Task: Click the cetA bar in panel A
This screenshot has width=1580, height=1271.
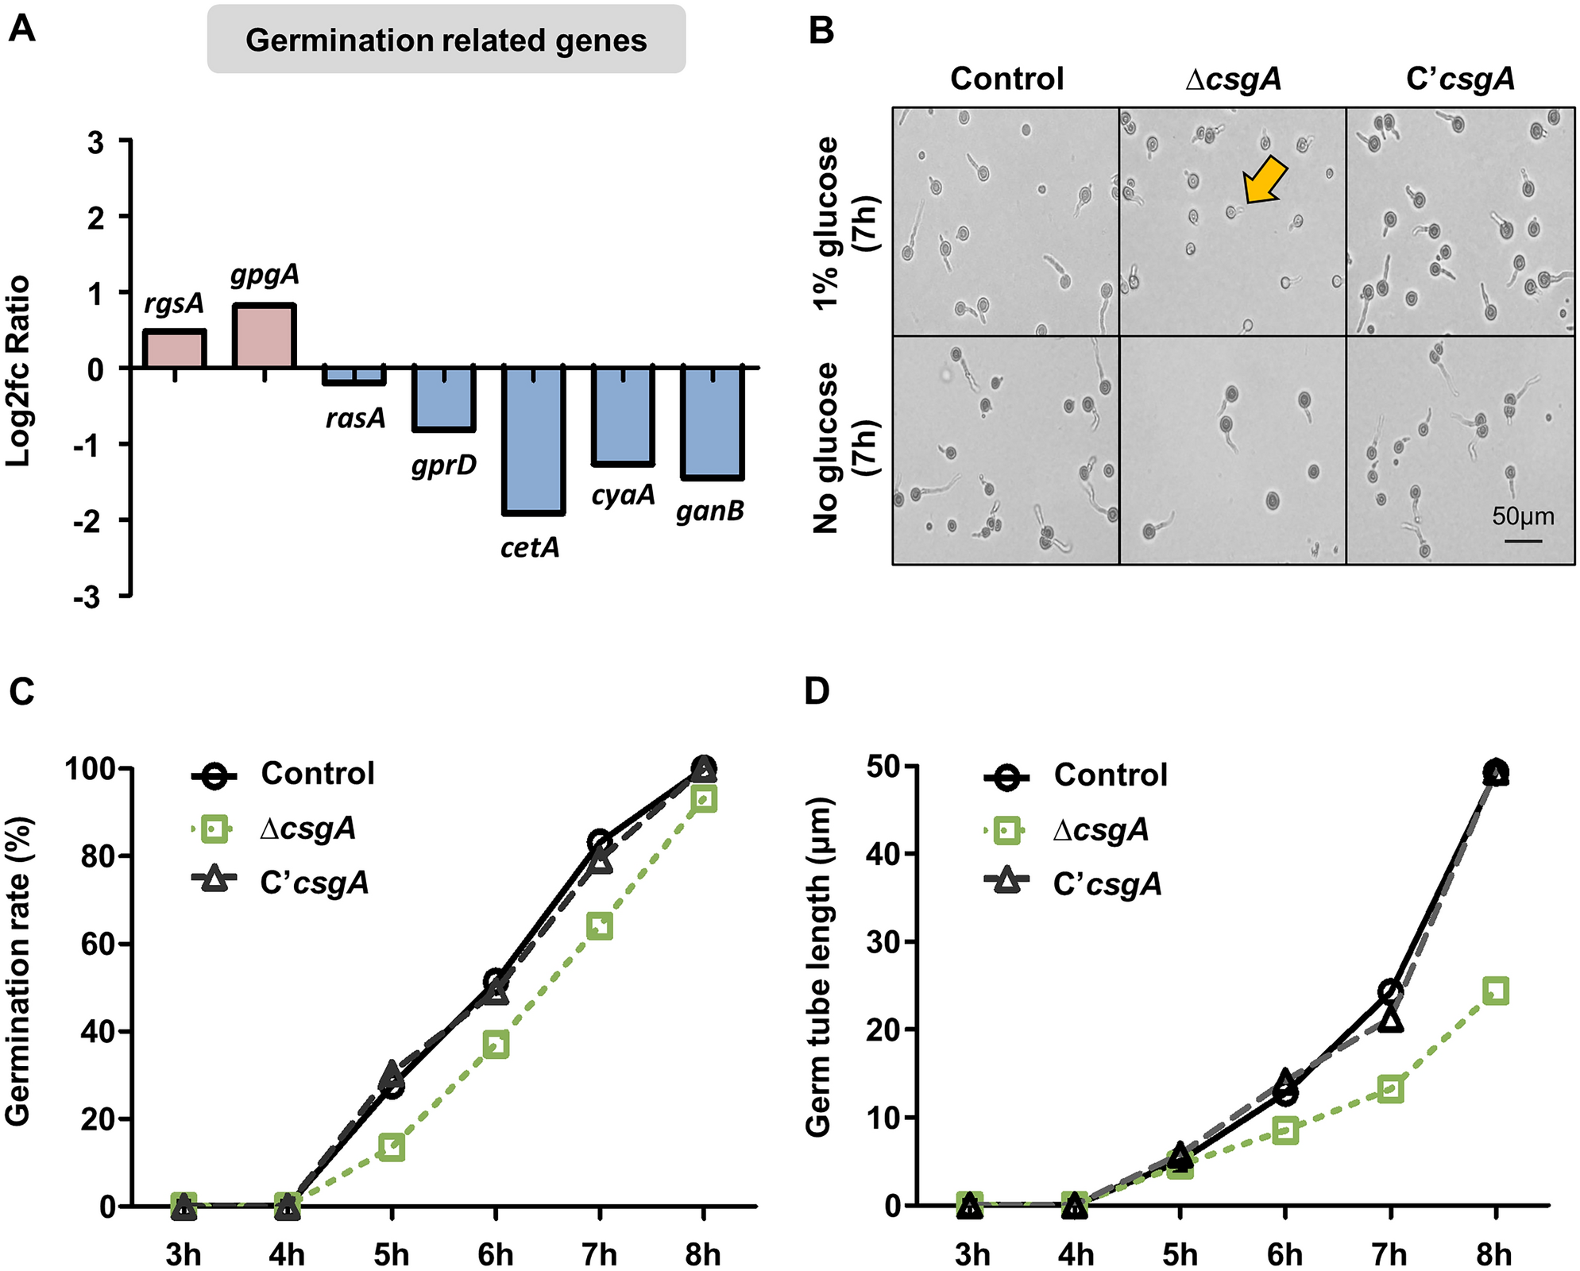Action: pyautogui.click(x=534, y=440)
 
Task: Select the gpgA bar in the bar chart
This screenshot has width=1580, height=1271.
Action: pyautogui.click(x=264, y=335)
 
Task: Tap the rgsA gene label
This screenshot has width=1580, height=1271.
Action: pyautogui.click(x=174, y=303)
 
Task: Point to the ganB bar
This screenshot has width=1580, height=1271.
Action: pyautogui.click(x=713, y=423)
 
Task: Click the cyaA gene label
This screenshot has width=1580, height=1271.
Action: pyautogui.click(x=623, y=495)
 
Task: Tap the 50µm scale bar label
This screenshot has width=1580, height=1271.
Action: pyautogui.click(x=1523, y=516)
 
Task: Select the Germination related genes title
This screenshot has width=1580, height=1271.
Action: pyautogui.click(x=446, y=40)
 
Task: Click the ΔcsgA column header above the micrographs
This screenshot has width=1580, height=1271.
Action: pyautogui.click(x=1233, y=79)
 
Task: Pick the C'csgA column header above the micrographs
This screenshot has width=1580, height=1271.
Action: pyautogui.click(x=1460, y=79)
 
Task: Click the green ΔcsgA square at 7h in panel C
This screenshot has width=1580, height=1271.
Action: pyautogui.click(x=600, y=926)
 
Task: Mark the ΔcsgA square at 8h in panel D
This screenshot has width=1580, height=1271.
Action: pyautogui.click(x=1495, y=991)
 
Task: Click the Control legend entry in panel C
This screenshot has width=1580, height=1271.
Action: pyautogui.click(x=318, y=774)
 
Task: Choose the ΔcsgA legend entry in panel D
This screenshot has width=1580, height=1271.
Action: pyautogui.click(x=1100, y=830)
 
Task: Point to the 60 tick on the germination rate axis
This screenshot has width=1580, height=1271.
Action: pyautogui.click(x=96, y=945)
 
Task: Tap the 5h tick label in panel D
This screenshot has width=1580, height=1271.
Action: pyautogui.click(x=1180, y=1254)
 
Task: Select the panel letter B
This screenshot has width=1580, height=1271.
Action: pyautogui.click(x=821, y=30)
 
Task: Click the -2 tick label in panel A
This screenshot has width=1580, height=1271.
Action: pyautogui.click(x=88, y=521)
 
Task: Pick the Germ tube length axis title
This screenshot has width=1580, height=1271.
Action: pyautogui.click(x=818, y=968)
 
